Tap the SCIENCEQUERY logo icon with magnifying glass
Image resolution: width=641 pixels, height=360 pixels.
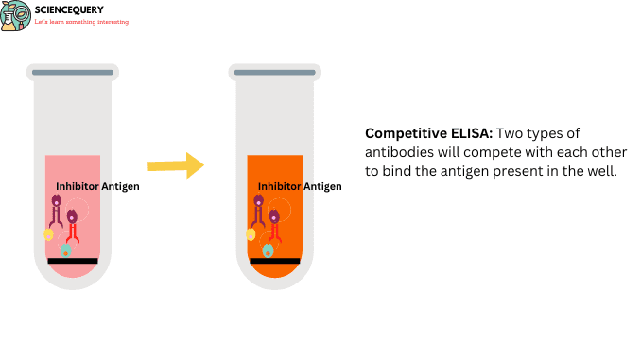[15, 16]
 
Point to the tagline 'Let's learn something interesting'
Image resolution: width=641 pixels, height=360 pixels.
[81, 22]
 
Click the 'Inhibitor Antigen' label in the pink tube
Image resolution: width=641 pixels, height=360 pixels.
[97, 186]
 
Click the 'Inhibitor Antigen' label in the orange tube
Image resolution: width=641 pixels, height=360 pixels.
[300, 186]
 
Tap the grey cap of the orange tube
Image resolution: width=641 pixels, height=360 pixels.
[274, 73]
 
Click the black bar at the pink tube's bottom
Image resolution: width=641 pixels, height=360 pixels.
[72, 260]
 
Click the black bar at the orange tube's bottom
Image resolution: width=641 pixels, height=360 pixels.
[274, 260]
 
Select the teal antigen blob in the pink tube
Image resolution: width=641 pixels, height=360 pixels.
[66, 250]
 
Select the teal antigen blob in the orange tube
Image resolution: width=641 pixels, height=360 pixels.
[269, 250]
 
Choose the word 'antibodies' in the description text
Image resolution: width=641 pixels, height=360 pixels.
[396, 152]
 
